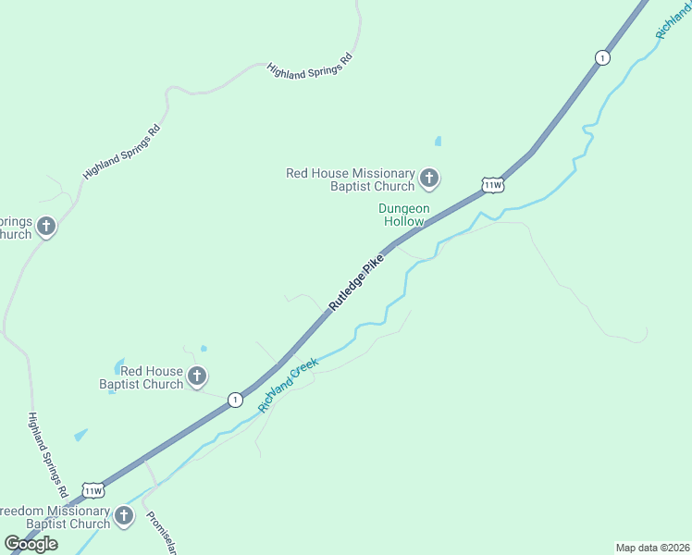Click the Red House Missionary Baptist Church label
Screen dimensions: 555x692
click(x=351, y=179)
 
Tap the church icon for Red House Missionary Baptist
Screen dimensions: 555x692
click(x=428, y=177)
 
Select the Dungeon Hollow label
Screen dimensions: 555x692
click(x=403, y=216)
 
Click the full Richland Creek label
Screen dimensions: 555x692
click(x=289, y=385)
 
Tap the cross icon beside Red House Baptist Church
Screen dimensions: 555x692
click(x=197, y=376)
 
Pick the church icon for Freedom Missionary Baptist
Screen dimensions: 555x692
click(x=125, y=514)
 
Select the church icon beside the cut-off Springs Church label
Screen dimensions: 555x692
click(x=45, y=226)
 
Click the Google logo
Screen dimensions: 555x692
click(x=31, y=544)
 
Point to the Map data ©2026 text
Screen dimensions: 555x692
click(x=652, y=547)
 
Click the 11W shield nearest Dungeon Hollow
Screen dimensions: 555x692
click(x=492, y=185)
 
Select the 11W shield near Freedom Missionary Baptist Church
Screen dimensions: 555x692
click(x=92, y=489)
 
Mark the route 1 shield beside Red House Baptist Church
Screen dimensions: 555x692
click(x=236, y=400)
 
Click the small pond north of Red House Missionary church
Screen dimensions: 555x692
click(x=438, y=142)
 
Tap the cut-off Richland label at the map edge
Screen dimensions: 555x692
click(x=673, y=20)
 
